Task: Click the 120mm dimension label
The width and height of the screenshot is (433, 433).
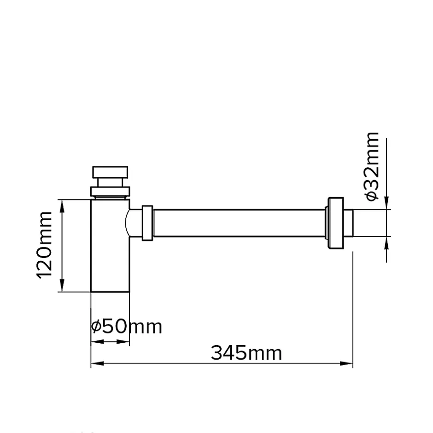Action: pyautogui.click(x=45, y=245)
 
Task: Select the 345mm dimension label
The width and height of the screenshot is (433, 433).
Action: pyautogui.click(x=246, y=353)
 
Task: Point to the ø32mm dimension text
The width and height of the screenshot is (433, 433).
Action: pyautogui.click(x=371, y=166)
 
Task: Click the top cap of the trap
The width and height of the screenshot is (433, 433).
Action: pyautogui.click(x=110, y=172)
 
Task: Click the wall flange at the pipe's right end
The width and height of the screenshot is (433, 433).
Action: pyautogui.click(x=335, y=223)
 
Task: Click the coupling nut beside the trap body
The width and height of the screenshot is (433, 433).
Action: pyautogui.click(x=147, y=223)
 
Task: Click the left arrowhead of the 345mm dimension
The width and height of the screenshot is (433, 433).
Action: pyautogui.click(x=94, y=364)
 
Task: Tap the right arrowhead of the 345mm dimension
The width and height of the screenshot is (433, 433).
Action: pyautogui.click(x=349, y=364)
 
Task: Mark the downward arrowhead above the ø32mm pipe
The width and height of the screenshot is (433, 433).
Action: pyautogui.click(x=387, y=205)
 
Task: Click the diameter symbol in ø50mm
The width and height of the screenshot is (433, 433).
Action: pyautogui.click(x=96, y=327)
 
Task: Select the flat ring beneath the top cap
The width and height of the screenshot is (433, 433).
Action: pyautogui.click(x=110, y=191)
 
